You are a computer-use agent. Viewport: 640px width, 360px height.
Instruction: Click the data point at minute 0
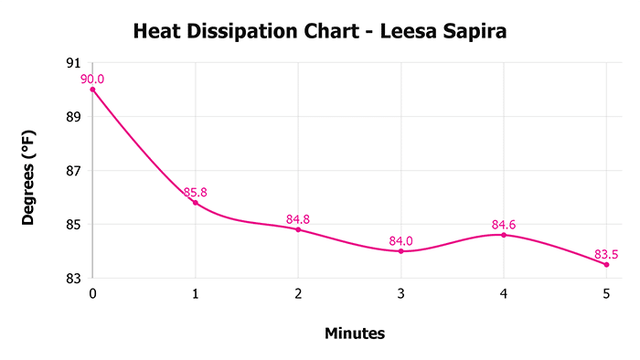pos(93,90)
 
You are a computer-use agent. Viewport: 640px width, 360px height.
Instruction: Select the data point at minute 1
pos(196,202)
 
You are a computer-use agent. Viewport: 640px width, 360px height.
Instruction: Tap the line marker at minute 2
pos(298,229)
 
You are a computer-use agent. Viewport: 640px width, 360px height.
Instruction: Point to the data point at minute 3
pos(401,250)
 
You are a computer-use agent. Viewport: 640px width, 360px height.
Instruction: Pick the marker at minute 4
pos(504,235)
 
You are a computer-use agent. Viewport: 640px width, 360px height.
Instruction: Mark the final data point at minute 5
pos(606,264)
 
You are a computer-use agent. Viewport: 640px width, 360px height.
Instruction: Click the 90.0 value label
pos(92,79)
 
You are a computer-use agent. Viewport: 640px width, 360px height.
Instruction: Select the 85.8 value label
pos(196,192)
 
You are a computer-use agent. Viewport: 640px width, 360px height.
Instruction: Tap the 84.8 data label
pos(298,219)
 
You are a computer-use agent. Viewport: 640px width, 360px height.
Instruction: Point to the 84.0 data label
pos(401,240)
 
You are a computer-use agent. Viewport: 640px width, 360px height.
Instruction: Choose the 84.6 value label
pos(504,224)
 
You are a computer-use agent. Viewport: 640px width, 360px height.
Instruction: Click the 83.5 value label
pos(605,253)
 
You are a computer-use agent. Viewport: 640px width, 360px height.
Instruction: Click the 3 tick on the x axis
pos(401,294)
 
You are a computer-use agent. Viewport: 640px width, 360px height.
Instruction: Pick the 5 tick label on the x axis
pos(606,294)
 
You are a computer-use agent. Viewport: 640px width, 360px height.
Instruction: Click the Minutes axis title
pos(355,334)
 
